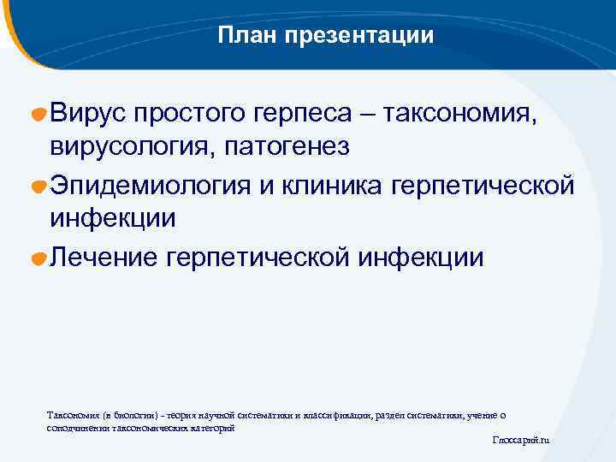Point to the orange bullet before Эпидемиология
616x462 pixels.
tap(39, 186)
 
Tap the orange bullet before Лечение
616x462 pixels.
tap(39, 258)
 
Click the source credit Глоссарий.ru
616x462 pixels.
tap(521, 440)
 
